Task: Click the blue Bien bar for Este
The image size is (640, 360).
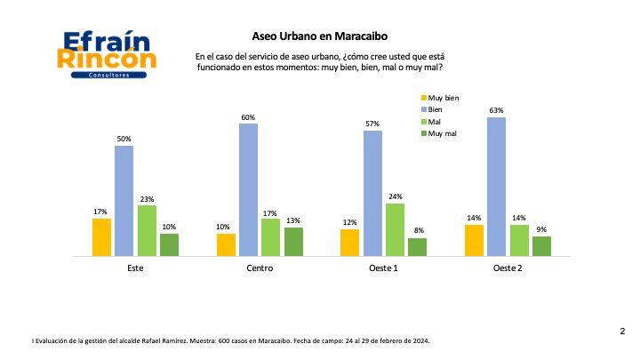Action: pyautogui.click(x=124, y=201)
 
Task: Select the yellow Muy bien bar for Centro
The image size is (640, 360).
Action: pyautogui.click(x=226, y=244)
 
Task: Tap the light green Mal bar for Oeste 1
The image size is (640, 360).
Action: pyautogui.click(x=395, y=229)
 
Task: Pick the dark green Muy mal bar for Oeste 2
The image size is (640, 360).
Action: pyautogui.click(x=541, y=246)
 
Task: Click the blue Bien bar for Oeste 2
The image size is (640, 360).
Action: pyautogui.click(x=496, y=187)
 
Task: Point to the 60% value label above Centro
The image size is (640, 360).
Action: pyautogui.click(x=248, y=117)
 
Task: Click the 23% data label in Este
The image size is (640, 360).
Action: pyautogui.click(x=146, y=199)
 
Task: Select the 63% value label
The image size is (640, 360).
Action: pyautogui.click(x=496, y=111)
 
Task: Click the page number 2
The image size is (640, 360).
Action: pyautogui.click(x=621, y=331)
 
